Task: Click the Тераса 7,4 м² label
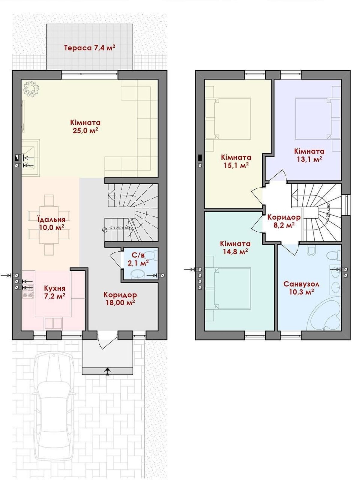[90, 48]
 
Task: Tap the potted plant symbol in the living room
[31, 89]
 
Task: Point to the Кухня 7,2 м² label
[54, 292]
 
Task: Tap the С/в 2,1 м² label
[138, 259]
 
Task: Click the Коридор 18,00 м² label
[120, 298]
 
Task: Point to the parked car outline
[53, 411]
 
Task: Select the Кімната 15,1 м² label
[236, 161]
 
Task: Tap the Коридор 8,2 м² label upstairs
[283, 220]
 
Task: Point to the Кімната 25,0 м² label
[85, 126]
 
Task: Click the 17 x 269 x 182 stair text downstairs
[119, 228]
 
